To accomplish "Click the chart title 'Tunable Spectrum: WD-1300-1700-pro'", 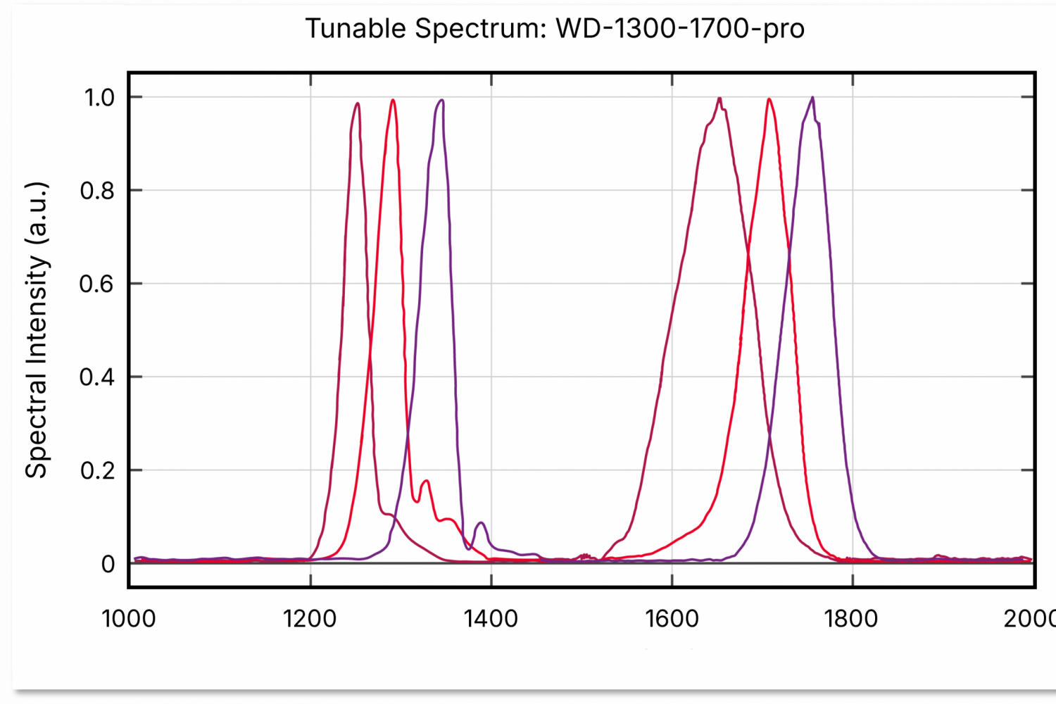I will tap(555, 29).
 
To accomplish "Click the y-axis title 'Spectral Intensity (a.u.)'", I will tap(37, 330).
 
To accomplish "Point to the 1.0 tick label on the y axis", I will tap(99, 97).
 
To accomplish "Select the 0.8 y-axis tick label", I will tap(97, 191).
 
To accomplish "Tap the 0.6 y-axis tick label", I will tap(97, 284).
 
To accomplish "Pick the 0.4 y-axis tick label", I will tap(97, 377).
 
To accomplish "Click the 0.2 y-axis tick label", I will tap(97, 470).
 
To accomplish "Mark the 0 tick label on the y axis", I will tap(108, 564).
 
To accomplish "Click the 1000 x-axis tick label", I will tap(129, 619).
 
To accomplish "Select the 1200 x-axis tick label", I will tap(310, 619).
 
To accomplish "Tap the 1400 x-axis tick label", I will tap(491, 619).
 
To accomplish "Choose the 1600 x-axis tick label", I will tap(672, 619).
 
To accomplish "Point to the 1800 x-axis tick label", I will tap(852, 619).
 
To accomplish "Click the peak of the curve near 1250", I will tap(358, 103).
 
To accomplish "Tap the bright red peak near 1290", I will tap(393, 100).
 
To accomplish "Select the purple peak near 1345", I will tap(441, 100).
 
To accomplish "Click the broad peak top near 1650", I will tap(719, 98).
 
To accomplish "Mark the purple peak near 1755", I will tap(812, 97).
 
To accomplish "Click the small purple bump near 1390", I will tap(481, 523).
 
